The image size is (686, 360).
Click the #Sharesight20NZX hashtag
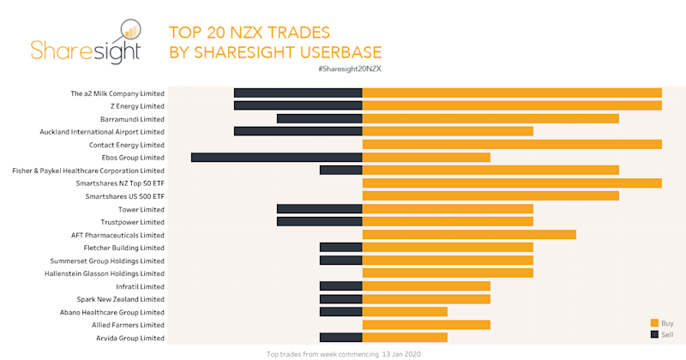pos(349,68)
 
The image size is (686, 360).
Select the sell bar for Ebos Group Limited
pos(276,158)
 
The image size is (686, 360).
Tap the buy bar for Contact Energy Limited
pos(512,145)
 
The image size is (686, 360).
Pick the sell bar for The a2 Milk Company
pos(298,93)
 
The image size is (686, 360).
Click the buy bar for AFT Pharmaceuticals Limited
pos(469,235)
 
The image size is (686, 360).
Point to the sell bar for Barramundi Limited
pos(319,119)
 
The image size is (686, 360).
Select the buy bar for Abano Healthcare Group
pos(405,312)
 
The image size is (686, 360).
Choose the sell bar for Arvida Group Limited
pos(340,338)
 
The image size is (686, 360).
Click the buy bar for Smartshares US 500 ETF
pos(490,196)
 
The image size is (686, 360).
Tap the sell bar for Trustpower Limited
pos(319,222)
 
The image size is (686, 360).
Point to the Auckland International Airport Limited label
pos(102,132)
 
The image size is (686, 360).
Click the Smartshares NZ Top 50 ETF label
pos(119,183)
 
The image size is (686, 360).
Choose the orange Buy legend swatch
pos(654,322)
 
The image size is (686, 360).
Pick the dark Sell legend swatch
pos(654,334)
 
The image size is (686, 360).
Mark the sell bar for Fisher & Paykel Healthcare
pos(340,171)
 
